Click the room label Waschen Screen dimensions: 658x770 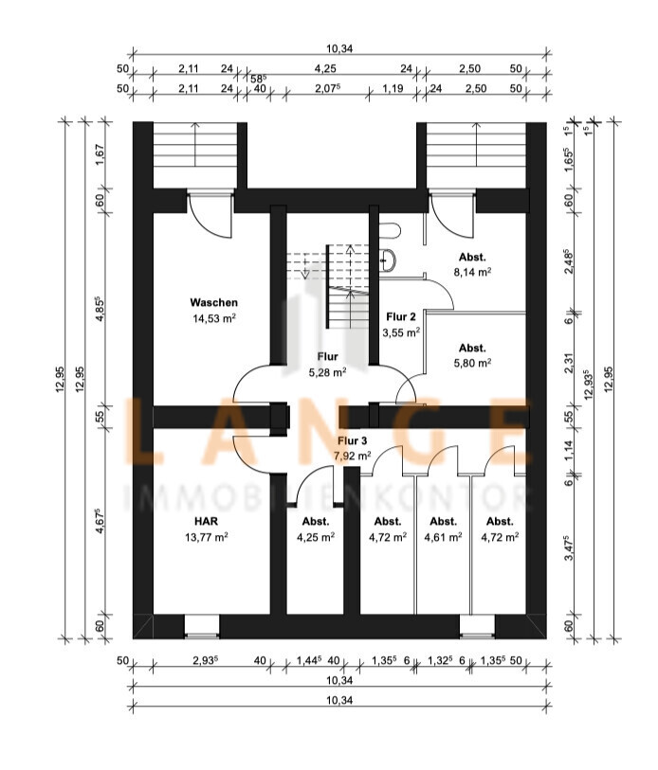[214, 302]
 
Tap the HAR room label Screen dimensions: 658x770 [206, 521]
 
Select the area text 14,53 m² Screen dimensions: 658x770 [214, 318]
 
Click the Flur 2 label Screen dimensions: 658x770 [401, 316]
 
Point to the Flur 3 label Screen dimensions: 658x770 [352, 441]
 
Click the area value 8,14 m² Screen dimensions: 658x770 [472, 272]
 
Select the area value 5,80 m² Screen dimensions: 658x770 [472, 363]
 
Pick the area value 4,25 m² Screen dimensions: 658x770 [316, 537]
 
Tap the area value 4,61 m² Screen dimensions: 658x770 [443, 537]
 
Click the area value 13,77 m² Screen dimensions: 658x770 [206, 537]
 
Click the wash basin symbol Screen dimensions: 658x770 [389, 260]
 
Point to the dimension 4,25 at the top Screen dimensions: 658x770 [325, 69]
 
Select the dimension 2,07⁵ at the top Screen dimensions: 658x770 [326, 88]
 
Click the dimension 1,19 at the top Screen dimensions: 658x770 [393, 88]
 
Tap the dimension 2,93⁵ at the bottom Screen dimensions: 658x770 [205, 660]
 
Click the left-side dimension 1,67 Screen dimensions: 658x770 [100, 154]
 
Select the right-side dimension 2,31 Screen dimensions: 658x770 [569, 364]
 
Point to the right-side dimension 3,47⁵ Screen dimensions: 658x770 [569, 548]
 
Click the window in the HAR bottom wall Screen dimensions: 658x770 [202, 627]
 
